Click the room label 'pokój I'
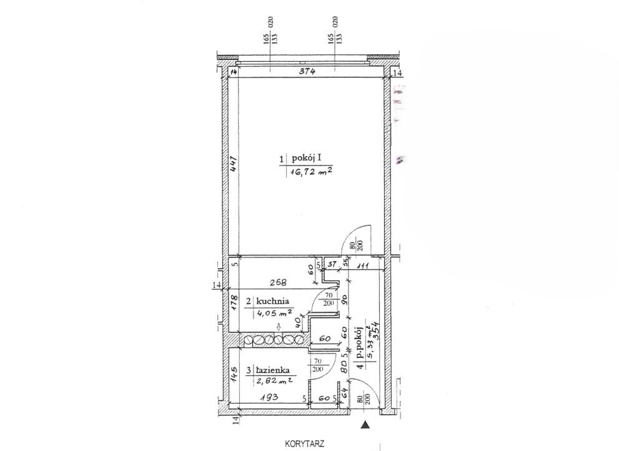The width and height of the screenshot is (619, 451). (x=307, y=159)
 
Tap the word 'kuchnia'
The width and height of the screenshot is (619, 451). (x=272, y=301)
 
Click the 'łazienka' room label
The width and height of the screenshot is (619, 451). (x=273, y=370)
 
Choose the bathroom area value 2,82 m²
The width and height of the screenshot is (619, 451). (x=274, y=381)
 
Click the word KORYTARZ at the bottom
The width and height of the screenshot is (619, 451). (x=304, y=444)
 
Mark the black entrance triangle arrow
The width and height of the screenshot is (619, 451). (x=366, y=425)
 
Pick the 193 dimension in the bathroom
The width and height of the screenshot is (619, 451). (x=270, y=397)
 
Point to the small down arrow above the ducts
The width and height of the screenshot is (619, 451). (x=279, y=327)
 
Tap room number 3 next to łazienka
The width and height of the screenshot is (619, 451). (x=249, y=371)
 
